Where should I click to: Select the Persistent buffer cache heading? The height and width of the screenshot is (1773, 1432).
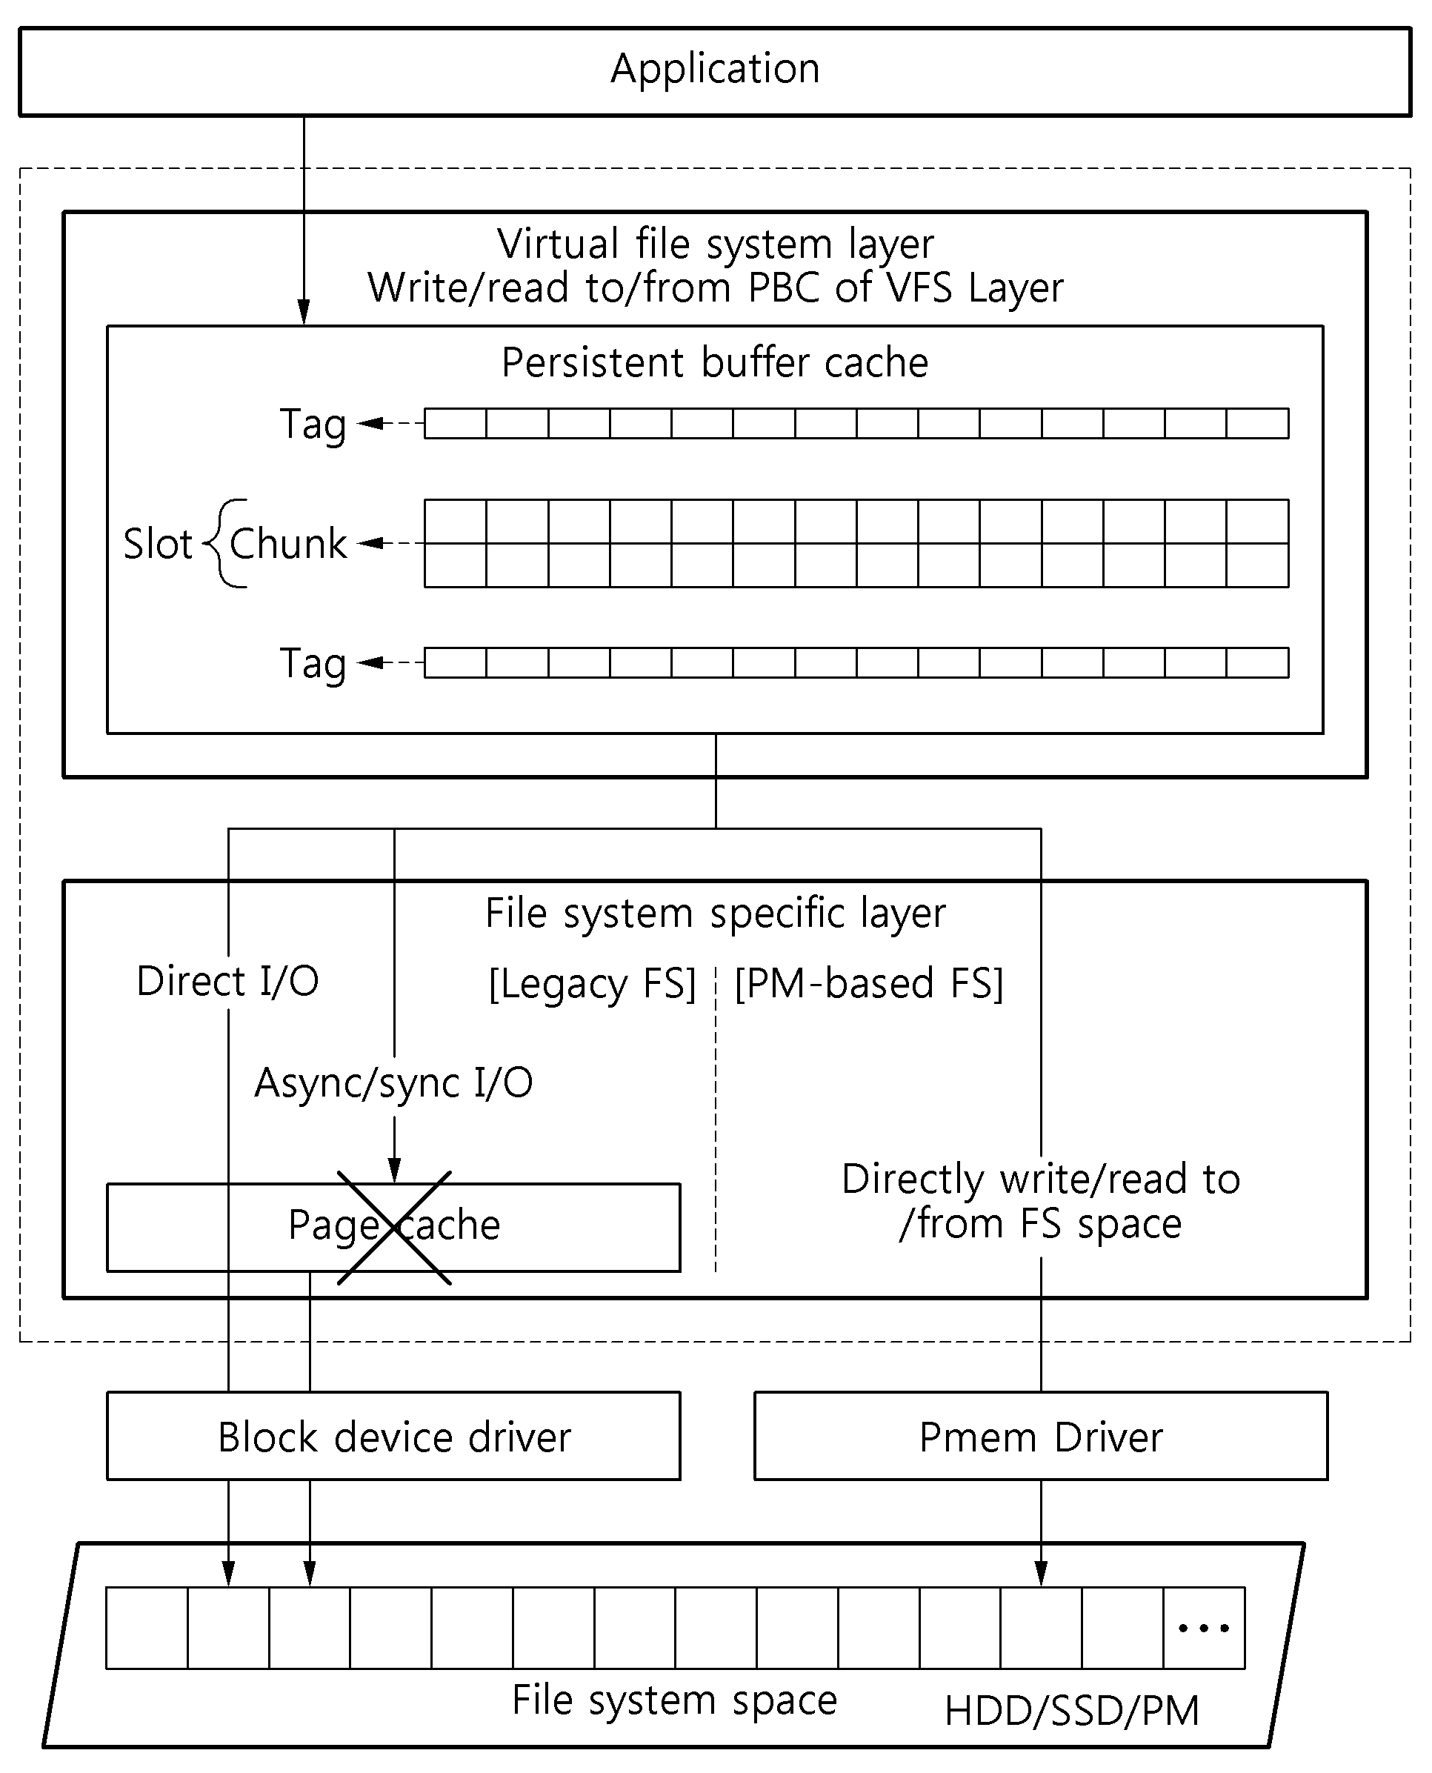pyautogui.click(x=715, y=363)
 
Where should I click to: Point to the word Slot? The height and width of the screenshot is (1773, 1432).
pyautogui.click(x=158, y=544)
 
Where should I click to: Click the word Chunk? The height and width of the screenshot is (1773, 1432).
pyautogui.click(x=289, y=544)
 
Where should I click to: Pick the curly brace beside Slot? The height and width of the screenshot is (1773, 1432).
pyautogui.click(x=224, y=543)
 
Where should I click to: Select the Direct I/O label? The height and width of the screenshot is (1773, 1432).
pyautogui.click(x=227, y=981)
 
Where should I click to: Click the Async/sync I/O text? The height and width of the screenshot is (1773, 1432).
pyautogui.click(x=393, y=1083)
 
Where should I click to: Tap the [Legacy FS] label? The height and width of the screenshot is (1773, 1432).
pyautogui.click(x=592, y=984)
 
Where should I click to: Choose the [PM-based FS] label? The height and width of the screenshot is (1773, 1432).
pyautogui.click(x=868, y=984)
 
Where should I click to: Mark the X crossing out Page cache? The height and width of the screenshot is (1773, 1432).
pyautogui.click(x=394, y=1228)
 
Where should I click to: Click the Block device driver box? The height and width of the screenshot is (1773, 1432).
pyautogui.click(x=393, y=1437)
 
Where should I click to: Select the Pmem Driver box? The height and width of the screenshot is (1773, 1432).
pyautogui.click(x=1041, y=1437)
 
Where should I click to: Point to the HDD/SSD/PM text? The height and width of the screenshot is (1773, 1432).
pyautogui.click(x=1071, y=1711)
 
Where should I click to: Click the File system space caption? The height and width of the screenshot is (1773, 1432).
pyautogui.click(x=674, y=1701)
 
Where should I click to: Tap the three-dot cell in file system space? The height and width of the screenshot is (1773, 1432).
pyautogui.click(x=1205, y=1628)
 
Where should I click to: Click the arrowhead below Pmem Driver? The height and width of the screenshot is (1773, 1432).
pyautogui.click(x=1041, y=1574)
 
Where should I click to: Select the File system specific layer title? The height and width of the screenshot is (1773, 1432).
pyautogui.click(x=715, y=914)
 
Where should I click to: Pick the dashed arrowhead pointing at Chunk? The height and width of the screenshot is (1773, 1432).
pyautogui.click(x=370, y=543)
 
